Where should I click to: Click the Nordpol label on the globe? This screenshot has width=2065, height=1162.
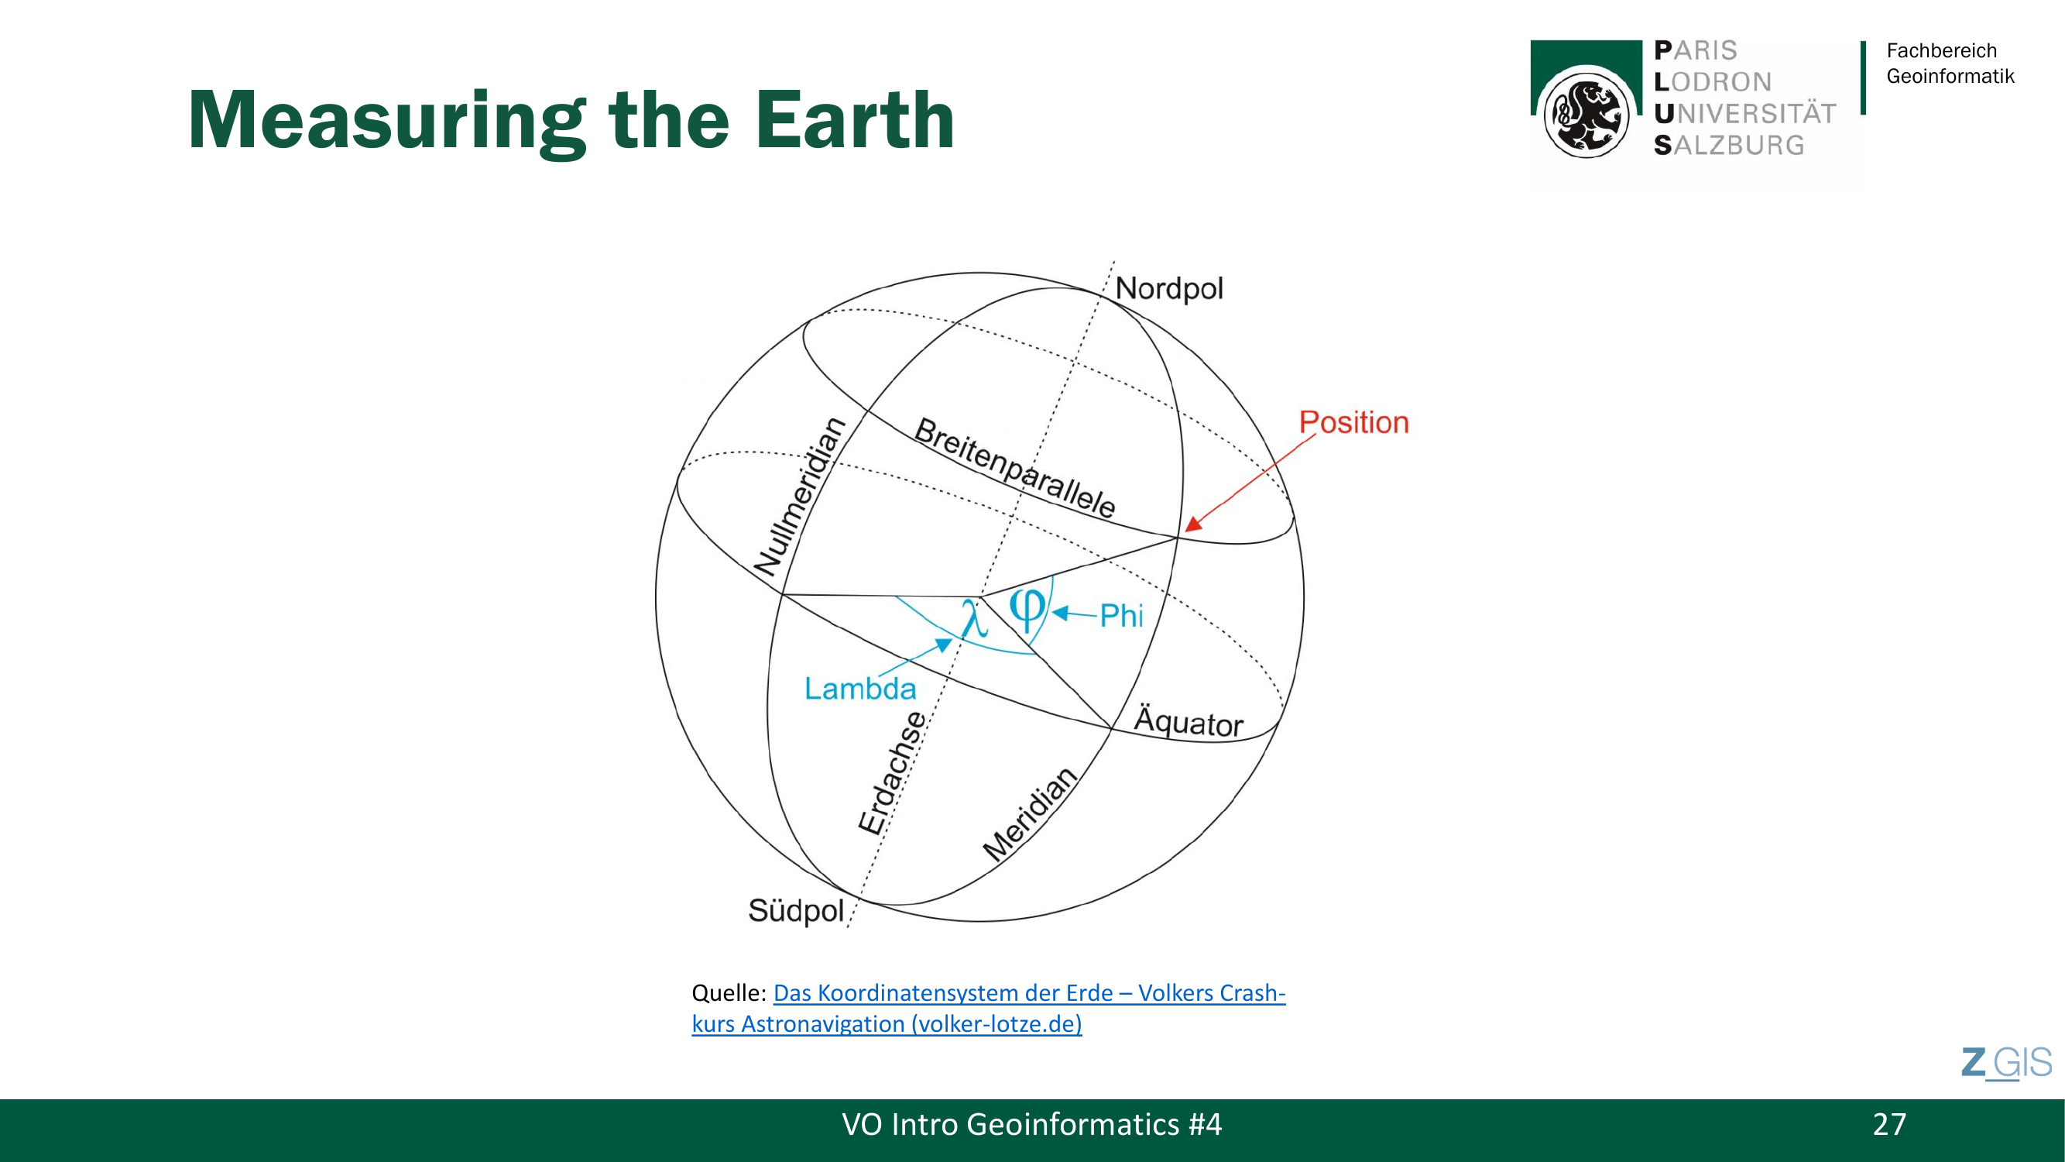[x=1169, y=289]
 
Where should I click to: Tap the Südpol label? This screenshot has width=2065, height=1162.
[x=796, y=911]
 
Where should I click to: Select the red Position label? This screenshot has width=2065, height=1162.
[x=1354, y=423]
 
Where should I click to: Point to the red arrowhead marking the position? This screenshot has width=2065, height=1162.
[x=1194, y=524]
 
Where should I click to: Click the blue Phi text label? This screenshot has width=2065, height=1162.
[x=1121, y=616]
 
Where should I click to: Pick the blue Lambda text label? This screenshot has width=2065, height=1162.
[x=860, y=689]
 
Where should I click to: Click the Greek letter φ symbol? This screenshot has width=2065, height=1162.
[x=1027, y=611]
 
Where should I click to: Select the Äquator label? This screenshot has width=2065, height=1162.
[x=1189, y=721]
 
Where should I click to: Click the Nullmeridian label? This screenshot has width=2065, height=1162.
[x=800, y=497]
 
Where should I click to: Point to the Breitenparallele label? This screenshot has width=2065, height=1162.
[x=1015, y=469]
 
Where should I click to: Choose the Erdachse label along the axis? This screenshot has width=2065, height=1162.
[x=892, y=773]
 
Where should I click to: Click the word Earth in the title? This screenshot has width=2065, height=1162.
[x=856, y=119]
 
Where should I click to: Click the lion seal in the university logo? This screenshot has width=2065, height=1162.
[x=1586, y=113]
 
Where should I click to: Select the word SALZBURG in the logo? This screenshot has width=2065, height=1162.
[x=1729, y=145]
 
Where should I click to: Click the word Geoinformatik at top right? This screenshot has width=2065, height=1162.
[x=1950, y=76]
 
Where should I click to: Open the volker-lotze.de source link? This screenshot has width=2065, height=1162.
[x=989, y=1008]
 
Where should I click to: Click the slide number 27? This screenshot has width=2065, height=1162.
[x=1889, y=1124]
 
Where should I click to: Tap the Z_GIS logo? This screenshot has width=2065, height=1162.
[x=2006, y=1064]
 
